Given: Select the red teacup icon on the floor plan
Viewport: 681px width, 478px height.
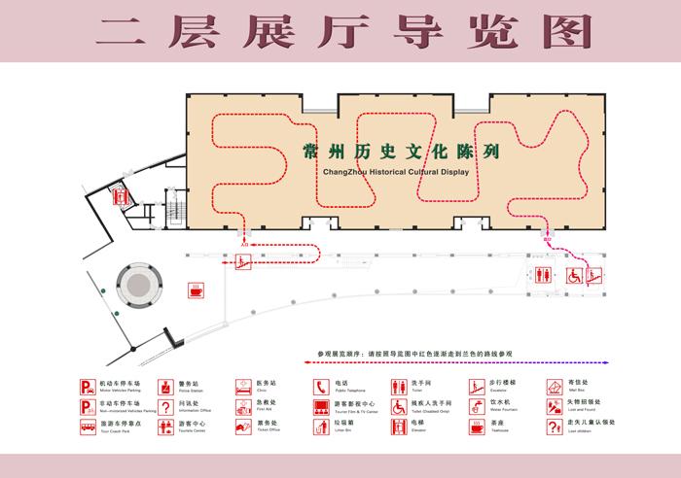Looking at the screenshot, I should tap(197, 290).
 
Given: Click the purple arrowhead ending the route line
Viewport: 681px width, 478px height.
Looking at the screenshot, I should tap(607, 361).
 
